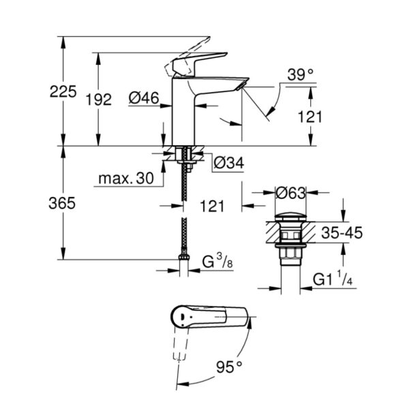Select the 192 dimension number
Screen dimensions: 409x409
[98, 100]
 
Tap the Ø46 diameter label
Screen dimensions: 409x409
[144, 99]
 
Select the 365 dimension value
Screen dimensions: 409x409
[63, 202]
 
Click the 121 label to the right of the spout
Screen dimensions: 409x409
[310, 117]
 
